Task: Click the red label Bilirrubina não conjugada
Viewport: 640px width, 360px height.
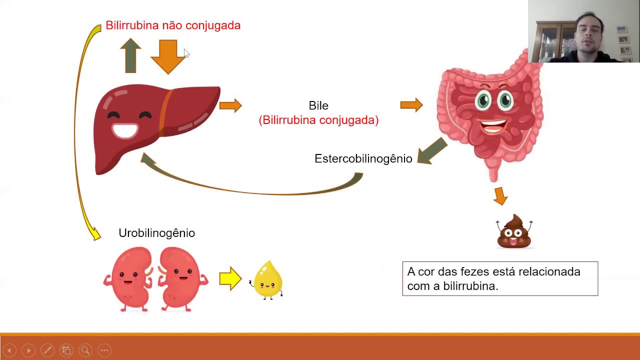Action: tap(173, 25)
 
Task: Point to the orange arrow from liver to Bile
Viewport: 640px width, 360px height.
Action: tap(230, 105)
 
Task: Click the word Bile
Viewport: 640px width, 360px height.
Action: tap(318, 105)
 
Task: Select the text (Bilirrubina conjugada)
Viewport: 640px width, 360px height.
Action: tap(318, 120)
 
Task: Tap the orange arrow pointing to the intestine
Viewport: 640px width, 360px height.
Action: tap(411, 105)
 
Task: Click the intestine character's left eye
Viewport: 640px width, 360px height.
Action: tap(483, 100)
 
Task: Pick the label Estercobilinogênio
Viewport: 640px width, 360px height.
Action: tap(363, 158)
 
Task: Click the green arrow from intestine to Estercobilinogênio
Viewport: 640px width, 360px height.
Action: tap(432, 151)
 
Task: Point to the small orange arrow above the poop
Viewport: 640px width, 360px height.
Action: tap(500, 195)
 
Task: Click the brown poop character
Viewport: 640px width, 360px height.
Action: tap(514, 232)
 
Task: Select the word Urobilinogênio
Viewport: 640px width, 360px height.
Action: tap(156, 233)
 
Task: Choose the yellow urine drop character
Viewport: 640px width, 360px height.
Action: tap(268, 280)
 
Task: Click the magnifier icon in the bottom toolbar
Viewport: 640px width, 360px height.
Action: tap(85, 350)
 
